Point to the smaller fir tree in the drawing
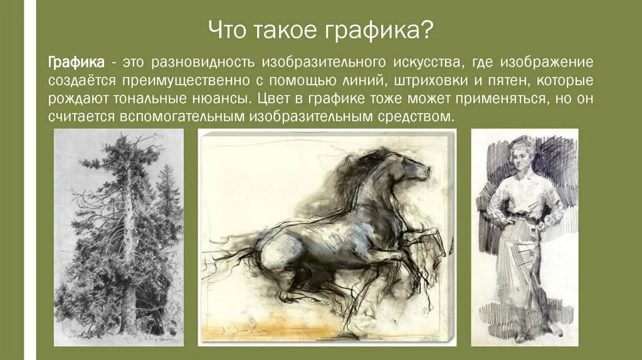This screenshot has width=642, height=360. click(167, 188)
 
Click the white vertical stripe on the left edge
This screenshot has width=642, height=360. click(28, 180)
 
